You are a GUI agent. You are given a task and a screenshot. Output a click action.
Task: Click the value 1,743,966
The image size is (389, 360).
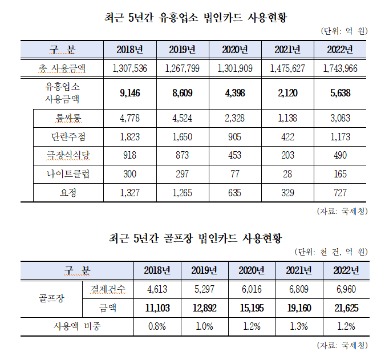click(340, 68)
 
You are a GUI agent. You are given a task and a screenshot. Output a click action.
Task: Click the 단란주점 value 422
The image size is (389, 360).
click(287, 137)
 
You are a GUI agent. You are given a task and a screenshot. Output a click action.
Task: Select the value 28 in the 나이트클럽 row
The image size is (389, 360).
click(287, 174)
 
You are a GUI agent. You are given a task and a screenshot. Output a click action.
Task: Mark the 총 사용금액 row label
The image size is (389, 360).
click(63, 68)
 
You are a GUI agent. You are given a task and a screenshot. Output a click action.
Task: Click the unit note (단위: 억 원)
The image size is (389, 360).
click(345, 31)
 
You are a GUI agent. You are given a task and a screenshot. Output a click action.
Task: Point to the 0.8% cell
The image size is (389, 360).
click(158, 327)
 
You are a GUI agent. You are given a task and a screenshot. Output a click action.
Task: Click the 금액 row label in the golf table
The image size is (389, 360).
click(108, 309)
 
